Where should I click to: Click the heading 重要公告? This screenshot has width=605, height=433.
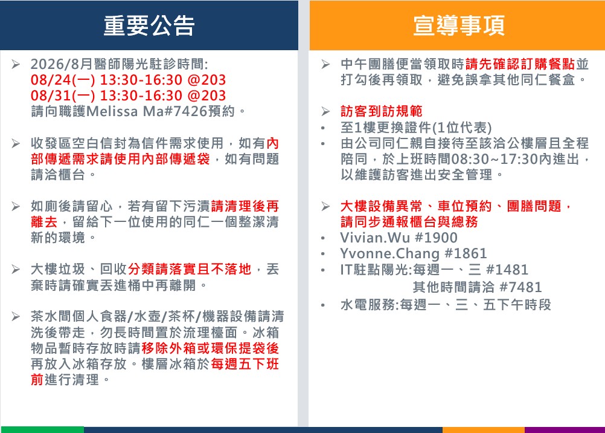coord(149,25)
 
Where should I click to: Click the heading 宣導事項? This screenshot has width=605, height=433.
coord(459,25)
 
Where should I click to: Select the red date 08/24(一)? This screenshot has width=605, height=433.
coord(63,80)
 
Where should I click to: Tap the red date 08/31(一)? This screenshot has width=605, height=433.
coord(63,96)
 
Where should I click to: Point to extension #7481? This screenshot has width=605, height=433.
coord(521,287)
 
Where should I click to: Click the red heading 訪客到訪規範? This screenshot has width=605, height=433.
coord(381,111)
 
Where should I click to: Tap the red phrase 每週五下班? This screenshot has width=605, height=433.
coord(245,364)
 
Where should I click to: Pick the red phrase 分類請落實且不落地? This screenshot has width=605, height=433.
coord(190,269)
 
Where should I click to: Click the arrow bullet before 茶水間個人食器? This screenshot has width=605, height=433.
coord(16,317)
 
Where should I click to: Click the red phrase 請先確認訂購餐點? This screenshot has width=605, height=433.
coord(520,63)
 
